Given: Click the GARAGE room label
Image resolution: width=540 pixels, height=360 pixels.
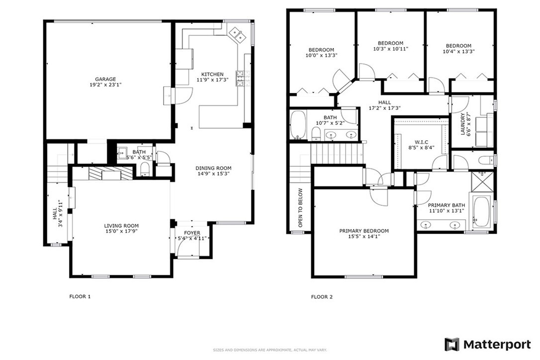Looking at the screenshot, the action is [105, 79].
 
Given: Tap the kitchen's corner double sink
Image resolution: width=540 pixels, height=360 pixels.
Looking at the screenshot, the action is [238, 34].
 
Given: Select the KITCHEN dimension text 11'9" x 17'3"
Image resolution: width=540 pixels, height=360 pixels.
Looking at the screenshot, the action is [212, 80].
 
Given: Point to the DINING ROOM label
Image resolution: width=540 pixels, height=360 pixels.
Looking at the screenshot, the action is [213, 168].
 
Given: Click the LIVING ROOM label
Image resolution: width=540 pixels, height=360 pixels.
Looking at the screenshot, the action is [121, 226].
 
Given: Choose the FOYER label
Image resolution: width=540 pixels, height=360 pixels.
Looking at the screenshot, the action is [192, 233].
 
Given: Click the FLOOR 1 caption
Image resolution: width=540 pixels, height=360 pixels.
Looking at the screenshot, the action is [80, 296].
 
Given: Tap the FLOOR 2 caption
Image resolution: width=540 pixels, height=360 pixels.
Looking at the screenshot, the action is [322, 297].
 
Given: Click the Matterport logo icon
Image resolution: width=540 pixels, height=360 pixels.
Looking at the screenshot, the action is [452, 345].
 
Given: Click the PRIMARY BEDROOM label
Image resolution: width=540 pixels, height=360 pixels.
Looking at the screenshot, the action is [364, 231].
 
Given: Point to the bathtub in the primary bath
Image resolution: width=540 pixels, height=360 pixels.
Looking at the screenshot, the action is [482, 211].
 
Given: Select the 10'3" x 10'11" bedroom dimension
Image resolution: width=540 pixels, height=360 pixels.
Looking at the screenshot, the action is [390, 49].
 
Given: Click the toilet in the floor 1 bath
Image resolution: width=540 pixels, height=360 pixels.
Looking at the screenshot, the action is [145, 169].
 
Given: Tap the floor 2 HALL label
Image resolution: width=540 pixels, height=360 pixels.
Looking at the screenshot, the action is [384, 102].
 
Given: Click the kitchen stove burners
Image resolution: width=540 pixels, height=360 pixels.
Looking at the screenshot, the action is [240, 78].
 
